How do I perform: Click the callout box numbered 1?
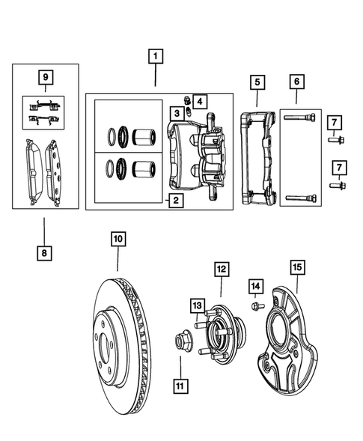[155, 56]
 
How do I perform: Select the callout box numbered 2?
[174, 200]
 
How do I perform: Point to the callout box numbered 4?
[199, 100]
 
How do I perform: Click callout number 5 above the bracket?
[257, 81]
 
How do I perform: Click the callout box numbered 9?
[46, 76]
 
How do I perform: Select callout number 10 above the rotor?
[118, 240]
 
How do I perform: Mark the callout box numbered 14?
[256, 285]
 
